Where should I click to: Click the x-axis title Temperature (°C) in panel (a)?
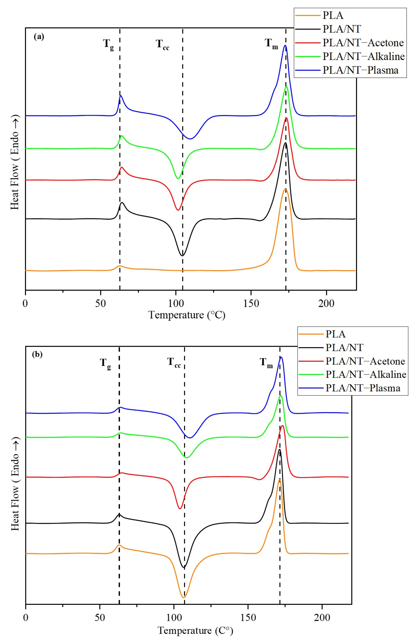click(x=187, y=315)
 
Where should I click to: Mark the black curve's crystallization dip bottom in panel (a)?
click(x=182, y=256)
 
